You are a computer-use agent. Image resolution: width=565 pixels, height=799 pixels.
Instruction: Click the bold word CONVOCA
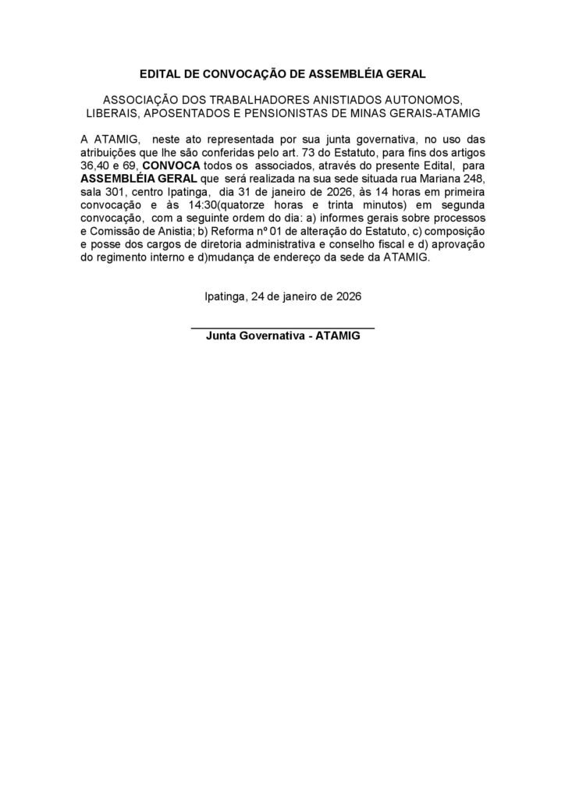pos(170,165)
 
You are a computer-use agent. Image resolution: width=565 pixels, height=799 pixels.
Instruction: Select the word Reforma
pos(224,232)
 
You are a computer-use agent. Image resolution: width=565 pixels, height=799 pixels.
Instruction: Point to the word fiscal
pos(393,245)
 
